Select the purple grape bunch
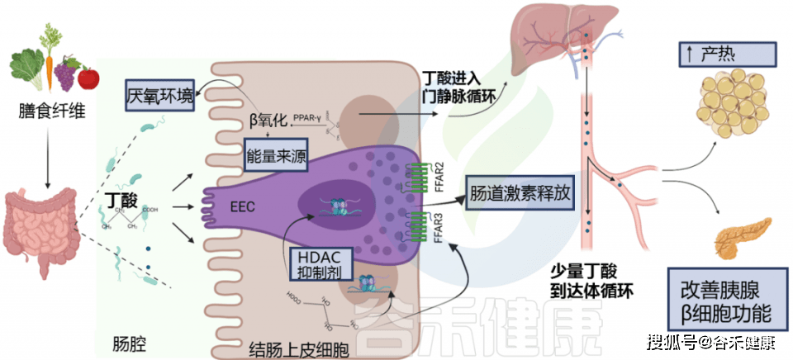(x=66, y=74)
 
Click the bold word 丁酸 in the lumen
(x=122, y=201)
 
